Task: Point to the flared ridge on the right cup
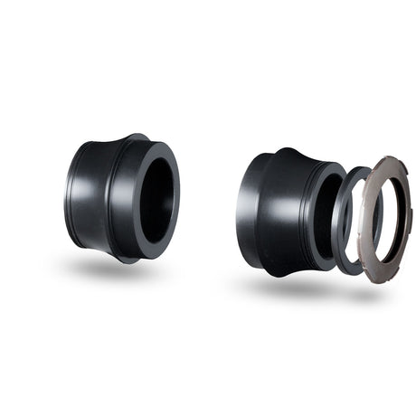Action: pyautogui.click(x=294, y=156)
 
